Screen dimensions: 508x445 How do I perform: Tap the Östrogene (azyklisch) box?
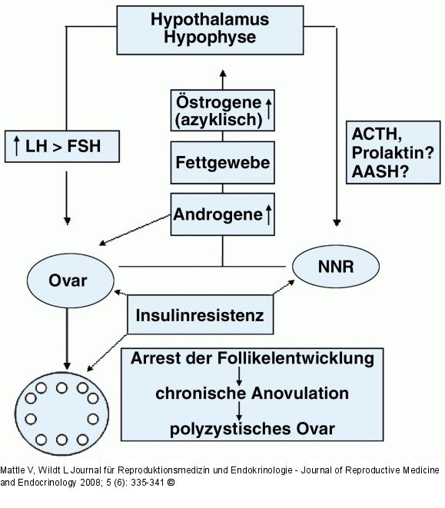[222, 109]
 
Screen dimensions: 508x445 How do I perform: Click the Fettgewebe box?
[222, 164]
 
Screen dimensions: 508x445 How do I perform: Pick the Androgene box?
[222, 214]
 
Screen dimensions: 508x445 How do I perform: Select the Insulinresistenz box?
[200, 315]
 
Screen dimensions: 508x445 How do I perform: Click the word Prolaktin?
[392, 153]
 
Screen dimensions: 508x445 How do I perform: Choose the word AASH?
[380, 171]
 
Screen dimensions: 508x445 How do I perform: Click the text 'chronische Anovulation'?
[252, 393]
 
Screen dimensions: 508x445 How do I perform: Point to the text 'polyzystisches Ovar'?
[252, 428]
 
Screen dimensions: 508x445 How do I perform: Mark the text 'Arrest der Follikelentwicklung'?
[252, 359]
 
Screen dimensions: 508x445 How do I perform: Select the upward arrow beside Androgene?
[268, 214]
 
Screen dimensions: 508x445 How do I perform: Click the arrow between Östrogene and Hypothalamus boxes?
[223, 78]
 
